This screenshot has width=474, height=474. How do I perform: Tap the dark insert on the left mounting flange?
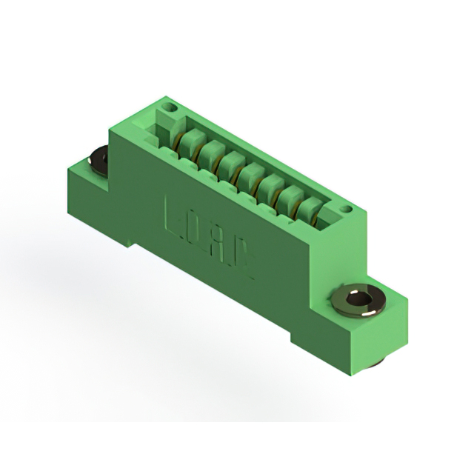pos(98,158)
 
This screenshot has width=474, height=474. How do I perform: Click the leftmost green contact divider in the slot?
pos(187,139)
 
